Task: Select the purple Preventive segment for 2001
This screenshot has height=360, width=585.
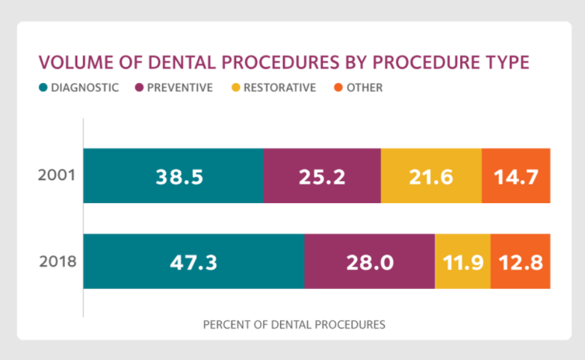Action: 321,176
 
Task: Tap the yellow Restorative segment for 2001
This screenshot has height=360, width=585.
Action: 431,176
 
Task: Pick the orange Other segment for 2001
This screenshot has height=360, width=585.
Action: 516,176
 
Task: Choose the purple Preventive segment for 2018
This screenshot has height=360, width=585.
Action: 369,261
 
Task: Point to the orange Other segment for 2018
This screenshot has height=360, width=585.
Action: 521,261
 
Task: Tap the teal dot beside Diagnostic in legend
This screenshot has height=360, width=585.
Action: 43,88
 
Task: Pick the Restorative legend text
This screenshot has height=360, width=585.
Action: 279,88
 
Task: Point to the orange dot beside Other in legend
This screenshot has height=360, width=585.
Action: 338,88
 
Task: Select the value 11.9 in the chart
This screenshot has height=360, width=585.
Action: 462,262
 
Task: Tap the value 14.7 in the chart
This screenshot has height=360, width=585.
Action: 516,177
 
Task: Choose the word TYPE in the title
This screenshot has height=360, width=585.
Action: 507,62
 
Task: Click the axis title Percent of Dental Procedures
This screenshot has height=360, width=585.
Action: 294,325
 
